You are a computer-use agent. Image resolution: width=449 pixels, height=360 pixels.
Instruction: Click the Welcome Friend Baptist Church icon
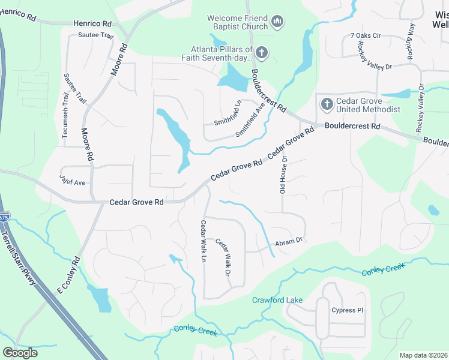pyautogui.click(x=277, y=22)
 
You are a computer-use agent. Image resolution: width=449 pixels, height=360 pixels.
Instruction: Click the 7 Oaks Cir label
pyautogui.click(x=366, y=36)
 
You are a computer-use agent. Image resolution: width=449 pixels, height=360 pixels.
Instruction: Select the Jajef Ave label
pyautogui.click(x=73, y=179)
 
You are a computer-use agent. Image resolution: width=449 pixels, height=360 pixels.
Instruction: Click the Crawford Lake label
pyautogui.click(x=277, y=299)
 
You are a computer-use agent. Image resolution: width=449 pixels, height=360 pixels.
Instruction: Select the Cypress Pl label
pyautogui.click(x=348, y=310)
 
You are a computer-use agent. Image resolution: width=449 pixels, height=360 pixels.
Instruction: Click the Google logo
pyautogui.click(x=20, y=352)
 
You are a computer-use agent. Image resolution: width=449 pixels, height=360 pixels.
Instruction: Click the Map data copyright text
pyautogui.click(x=423, y=355)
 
